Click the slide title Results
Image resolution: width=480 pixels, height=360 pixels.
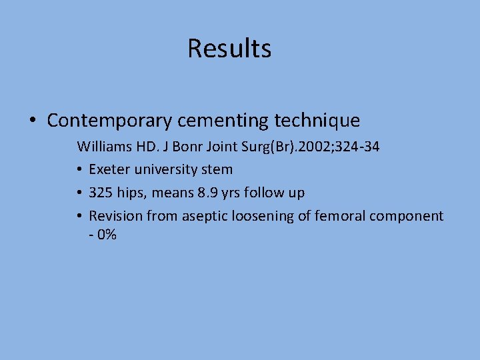pyautogui.click(x=229, y=48)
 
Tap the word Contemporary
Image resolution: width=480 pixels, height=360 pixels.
pyautogui.click(x=109, y=121)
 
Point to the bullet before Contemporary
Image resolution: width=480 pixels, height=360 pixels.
pyautogui.click(x=33, y=121)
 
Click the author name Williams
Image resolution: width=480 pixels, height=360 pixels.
pyautogui.click(x=102, y=146)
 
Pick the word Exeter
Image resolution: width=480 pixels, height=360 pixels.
pyautogui.click(x=109, y=169)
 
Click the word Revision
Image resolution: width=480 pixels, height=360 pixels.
pyautogui.click(x=115, y=216)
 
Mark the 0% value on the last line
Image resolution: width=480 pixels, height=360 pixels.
pyautogui.click(x=107, y=235)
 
